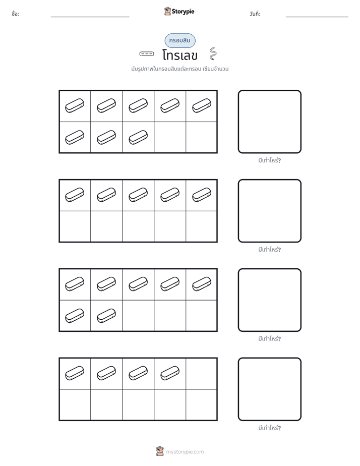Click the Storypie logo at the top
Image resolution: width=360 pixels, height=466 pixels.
(x=179, y=11)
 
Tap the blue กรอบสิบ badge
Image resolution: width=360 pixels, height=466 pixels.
(x=180, y=40)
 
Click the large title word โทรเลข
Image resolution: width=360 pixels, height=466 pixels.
(x=180, y=55)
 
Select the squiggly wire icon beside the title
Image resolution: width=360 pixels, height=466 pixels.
(x=213, y=53)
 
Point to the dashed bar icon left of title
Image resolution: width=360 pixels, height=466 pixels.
(x=147, y=54)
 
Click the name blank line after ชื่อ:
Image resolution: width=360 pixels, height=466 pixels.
(x=90, y=17)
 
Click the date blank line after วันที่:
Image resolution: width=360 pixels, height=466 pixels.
(x=317, y=17)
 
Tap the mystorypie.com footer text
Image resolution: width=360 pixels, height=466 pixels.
(x=185, y=452)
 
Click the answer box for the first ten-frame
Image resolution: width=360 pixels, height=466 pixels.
(x=270, y=122)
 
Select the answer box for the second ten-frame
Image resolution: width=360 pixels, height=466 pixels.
(x=270, y=211)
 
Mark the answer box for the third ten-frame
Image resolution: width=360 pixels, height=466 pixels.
(x=270, y=300)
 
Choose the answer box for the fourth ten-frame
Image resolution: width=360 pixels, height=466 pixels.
(x=270, y=389)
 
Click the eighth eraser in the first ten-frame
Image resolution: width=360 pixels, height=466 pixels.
(x=138, y=137)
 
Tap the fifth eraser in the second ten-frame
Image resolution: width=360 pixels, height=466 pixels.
(x=202, y=195)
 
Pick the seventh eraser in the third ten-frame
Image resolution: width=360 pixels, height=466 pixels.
(x=106, y=316)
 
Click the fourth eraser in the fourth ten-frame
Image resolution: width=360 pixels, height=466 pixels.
(x=170, y=373)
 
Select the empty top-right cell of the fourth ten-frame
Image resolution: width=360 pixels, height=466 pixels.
(x=201, y=374)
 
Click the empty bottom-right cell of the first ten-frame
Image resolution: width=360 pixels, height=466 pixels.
(x=201, y=137)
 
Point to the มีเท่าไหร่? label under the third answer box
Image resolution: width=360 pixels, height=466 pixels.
(x=269, y=338)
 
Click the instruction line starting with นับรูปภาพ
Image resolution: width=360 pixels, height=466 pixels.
(x=180, y=69)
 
